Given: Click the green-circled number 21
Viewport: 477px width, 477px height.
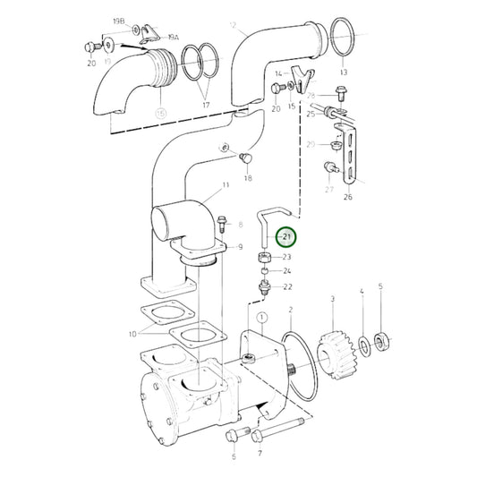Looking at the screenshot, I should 286,237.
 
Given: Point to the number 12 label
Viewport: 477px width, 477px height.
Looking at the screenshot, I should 233,25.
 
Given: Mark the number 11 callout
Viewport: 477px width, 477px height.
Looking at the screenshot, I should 226,184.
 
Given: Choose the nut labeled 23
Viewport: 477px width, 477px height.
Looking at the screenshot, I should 266,258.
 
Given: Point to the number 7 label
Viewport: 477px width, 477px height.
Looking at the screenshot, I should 260,455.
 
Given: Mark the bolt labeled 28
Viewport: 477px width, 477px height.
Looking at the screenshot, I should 341,92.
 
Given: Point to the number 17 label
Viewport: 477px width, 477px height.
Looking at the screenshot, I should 205,106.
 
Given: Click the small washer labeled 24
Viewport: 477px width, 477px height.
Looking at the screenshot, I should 266,271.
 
